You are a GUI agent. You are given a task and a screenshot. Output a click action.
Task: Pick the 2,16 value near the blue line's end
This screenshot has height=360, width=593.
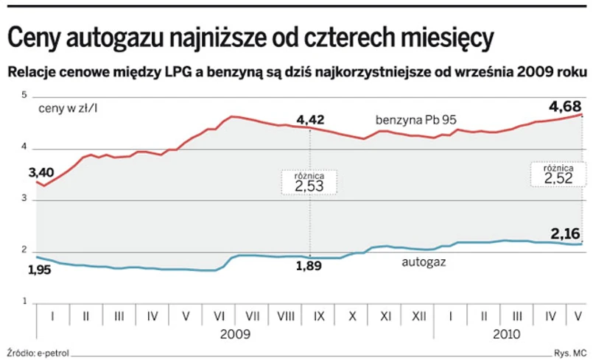(566, 233)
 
